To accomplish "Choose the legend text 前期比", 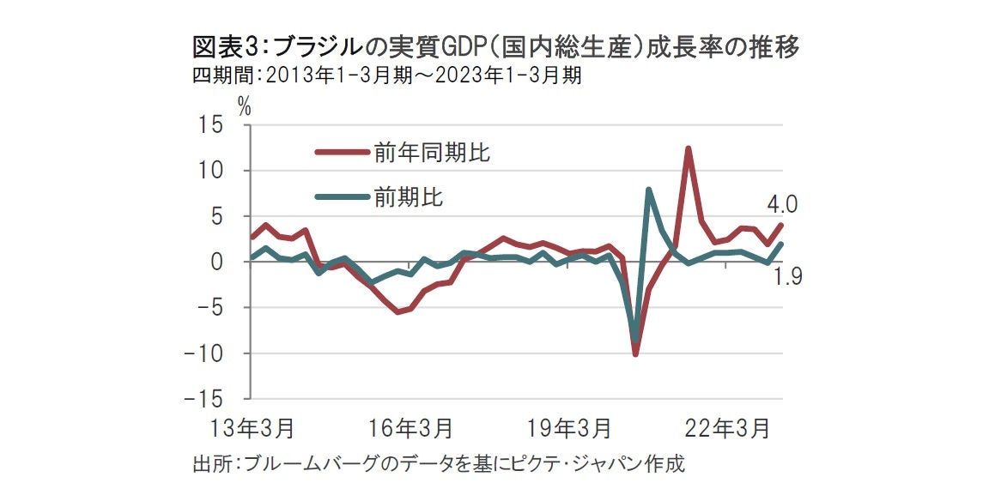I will (409, 197).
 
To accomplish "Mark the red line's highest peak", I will (689, 148).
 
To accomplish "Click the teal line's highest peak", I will (649, 190).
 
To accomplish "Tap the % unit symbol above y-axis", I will (244, 107).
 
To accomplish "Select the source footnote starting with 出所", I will (439, 466).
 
